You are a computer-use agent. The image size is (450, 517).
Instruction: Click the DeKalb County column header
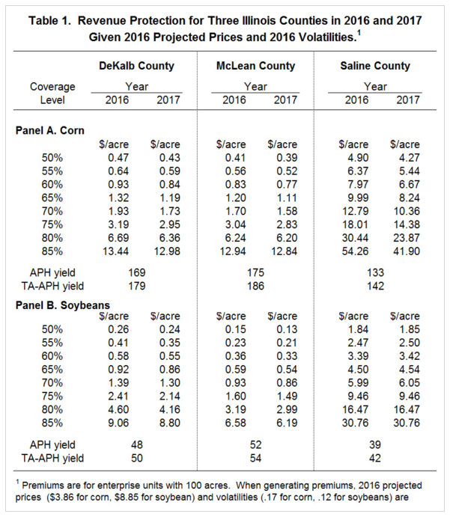point(137,66)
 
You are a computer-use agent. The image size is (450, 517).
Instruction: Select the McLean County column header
point(255,66)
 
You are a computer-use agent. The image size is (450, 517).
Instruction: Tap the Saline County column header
point(376,66)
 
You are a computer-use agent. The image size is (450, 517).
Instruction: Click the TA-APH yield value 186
point(255,285)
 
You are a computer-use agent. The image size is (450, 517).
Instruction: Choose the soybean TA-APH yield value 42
point(376,458)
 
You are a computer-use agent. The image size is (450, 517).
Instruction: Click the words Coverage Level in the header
point(52,93)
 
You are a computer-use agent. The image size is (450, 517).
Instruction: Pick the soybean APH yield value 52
point(255,444)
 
